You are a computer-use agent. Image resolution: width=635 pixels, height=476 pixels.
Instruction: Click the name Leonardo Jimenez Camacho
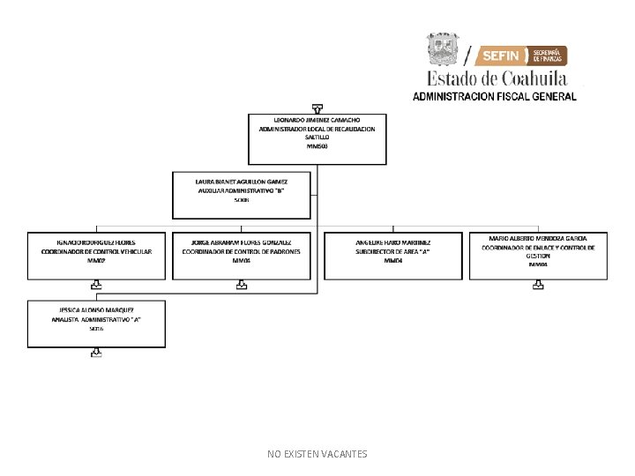317,119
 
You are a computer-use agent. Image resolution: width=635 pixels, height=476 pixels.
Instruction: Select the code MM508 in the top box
317,146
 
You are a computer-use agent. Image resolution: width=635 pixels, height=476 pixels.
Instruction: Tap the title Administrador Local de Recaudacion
317,129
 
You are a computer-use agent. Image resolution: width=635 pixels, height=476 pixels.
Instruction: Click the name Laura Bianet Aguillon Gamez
241,182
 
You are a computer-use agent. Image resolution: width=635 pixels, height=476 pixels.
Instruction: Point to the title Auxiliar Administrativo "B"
241,190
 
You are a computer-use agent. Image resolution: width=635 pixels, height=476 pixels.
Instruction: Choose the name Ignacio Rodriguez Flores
96,242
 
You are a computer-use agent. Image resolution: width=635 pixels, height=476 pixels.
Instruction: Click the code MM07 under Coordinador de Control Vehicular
96,261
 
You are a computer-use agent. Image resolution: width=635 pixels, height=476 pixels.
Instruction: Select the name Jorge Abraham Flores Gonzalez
241,242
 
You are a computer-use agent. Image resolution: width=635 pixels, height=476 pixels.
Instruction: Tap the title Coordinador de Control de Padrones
241,251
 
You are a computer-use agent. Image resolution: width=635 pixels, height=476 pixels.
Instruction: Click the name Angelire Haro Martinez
393,242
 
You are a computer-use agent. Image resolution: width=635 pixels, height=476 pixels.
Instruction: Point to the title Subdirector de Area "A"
393,251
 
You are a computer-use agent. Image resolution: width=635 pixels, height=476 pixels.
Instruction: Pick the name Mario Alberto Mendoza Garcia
538,238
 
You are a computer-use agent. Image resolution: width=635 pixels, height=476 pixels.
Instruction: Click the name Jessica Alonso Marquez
96,310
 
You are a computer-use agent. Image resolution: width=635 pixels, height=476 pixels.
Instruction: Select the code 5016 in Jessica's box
96,329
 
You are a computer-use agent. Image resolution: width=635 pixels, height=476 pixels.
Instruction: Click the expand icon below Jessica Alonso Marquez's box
96,353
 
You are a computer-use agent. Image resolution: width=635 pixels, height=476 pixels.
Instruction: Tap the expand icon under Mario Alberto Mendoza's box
538,285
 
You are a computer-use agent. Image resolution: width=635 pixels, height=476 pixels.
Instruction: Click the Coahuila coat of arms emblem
444,49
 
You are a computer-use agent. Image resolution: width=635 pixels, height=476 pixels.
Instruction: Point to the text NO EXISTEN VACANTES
317,454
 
